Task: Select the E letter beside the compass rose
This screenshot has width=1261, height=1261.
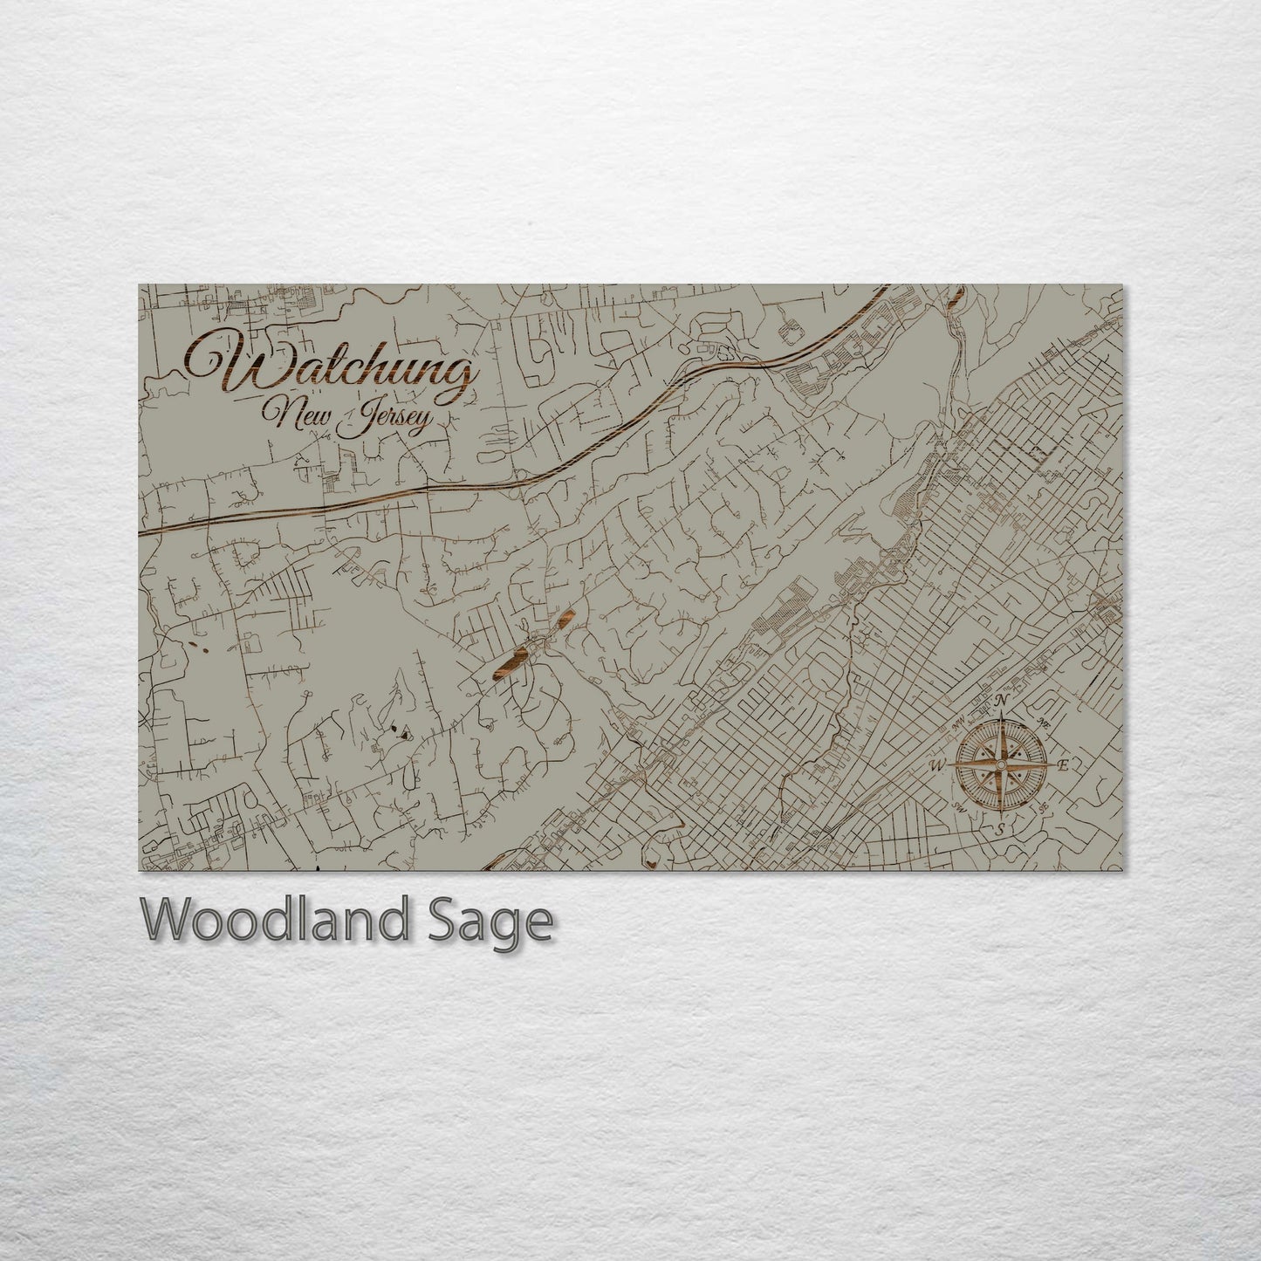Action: (x=1064, y=765)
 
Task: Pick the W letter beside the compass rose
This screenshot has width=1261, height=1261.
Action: (x=938, y=766)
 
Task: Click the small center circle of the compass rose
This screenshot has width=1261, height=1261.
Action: (x=1002, y=765)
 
